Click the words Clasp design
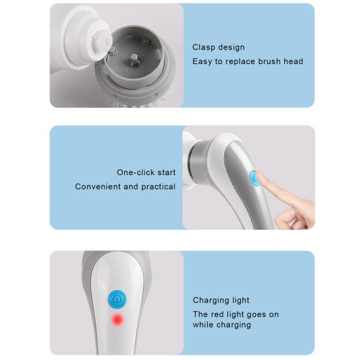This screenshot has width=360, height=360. coord(218,47)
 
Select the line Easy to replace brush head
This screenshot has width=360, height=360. coord(248,61)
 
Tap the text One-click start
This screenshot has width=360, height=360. coord(146,172)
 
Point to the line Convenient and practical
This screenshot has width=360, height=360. coord(125,187)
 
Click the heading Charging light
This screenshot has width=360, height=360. coord(221,301)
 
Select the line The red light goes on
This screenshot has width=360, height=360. coord(235,314)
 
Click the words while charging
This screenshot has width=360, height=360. coord(221,325)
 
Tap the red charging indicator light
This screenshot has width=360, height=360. coord(118,320)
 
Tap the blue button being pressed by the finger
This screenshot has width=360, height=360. coord(254,178)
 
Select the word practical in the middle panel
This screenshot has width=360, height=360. coord(158,187)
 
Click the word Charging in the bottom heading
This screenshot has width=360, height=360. coord(211,301)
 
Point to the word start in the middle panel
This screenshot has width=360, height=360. coord(165,172)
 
